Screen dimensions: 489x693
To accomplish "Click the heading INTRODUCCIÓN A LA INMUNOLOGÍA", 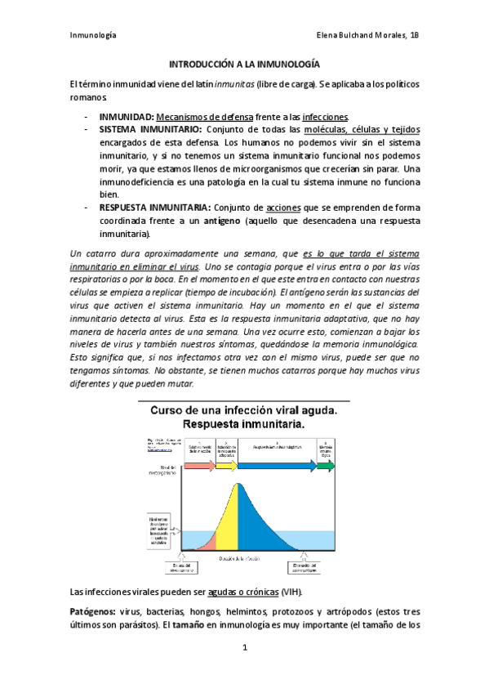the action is [244, 63].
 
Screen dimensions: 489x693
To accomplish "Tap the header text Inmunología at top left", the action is [93, 35].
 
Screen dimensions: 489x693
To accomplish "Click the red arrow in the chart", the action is [199, 466].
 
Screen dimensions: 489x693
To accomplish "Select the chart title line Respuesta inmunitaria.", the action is [243, 425].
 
